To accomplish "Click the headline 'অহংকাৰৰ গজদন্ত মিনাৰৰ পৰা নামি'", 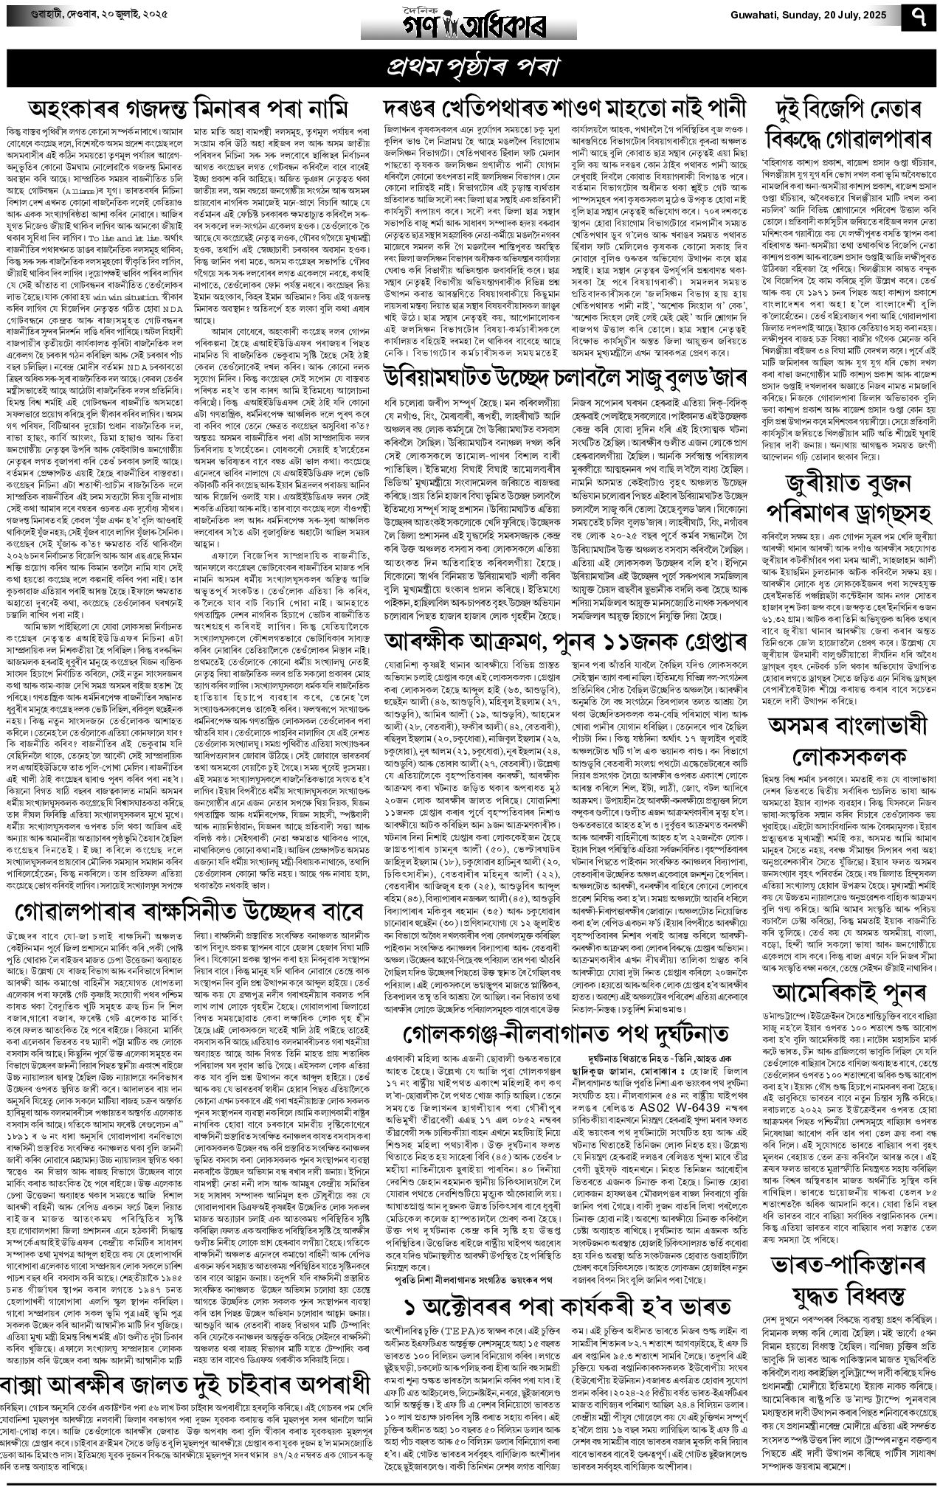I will (x=187, y=108).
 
